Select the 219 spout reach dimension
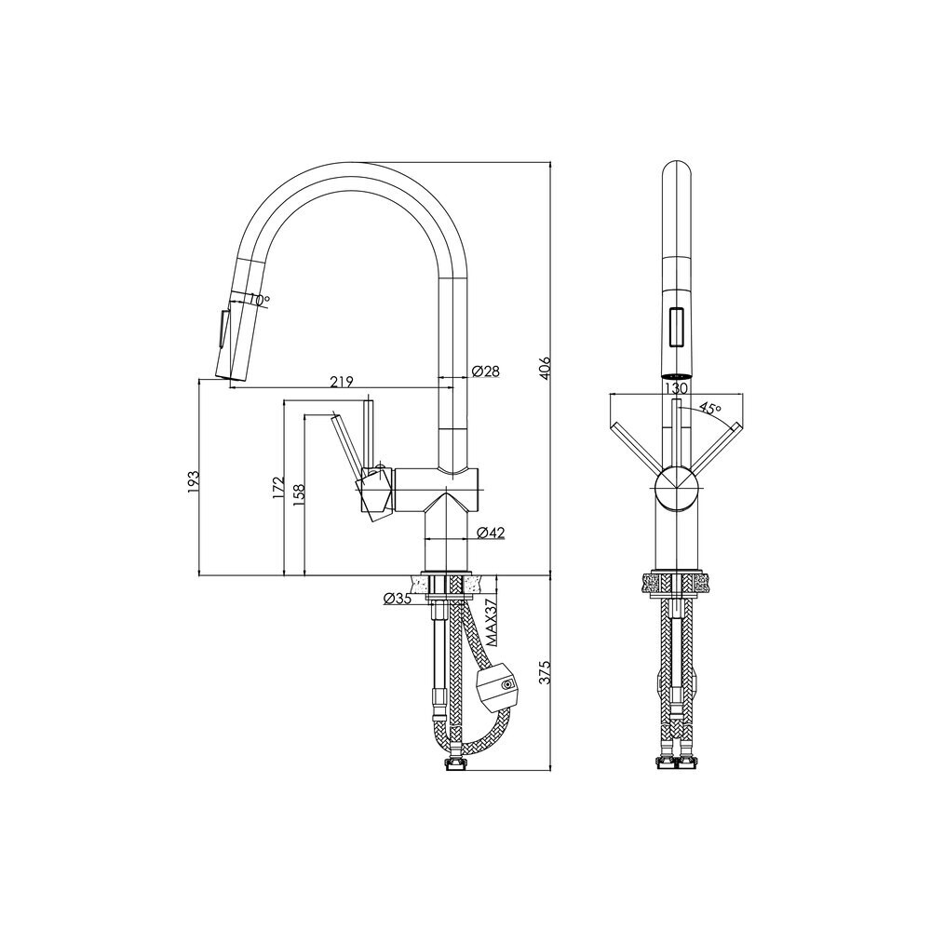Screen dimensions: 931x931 coord(342,381)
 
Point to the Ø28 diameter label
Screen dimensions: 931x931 coord(486,371)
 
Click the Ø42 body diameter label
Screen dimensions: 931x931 coord(491,533)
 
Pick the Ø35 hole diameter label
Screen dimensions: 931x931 coord(398,599)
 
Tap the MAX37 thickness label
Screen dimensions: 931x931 coord(492,622)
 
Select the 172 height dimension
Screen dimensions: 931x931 coord(279,488)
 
